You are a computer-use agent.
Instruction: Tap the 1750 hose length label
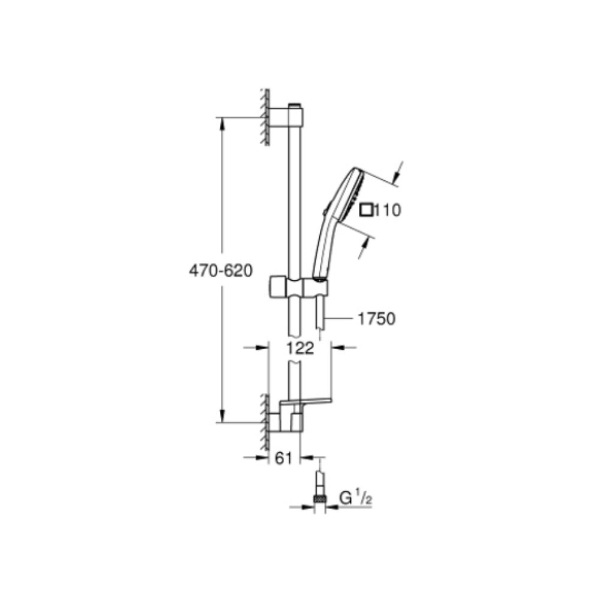[x=376, y=319]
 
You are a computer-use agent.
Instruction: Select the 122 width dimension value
[x=300, y=348]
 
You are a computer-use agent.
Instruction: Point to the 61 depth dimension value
[x=284, y=459]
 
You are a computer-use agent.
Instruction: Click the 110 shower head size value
[x=388, y=210]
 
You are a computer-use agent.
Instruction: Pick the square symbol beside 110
[x=365, y=210]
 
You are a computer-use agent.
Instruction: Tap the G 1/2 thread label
[x=353, y=498]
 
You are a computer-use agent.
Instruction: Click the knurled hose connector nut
[x=320, y=497]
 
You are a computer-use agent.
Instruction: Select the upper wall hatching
[x=263, y=117]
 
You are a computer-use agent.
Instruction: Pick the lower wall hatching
[x=263, y=423]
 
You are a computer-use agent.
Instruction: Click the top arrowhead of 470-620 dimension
[x=222, y=122]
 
